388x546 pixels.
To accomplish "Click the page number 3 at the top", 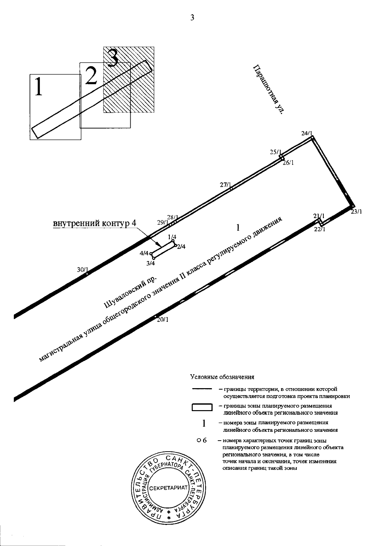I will (192, 18).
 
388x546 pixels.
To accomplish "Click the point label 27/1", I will (225, 185).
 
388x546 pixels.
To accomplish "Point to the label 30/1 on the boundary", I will (82, 269).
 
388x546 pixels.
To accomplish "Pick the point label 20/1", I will (163, 320).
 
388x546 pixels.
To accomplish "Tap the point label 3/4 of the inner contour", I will (151, 263).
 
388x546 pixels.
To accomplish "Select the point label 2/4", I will (181, 247).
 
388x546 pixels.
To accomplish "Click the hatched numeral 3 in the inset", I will (113, 58).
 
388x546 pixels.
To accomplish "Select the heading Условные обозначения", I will (222, 377).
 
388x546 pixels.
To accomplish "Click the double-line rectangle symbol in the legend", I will (202, 407).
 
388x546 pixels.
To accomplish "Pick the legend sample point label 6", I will (204, 440).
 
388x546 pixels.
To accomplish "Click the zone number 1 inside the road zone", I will (238, 228).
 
